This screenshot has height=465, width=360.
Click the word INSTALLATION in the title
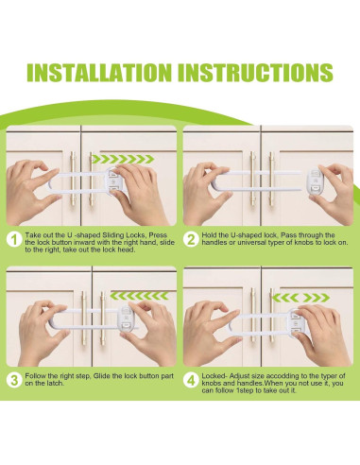(x=99, y=73)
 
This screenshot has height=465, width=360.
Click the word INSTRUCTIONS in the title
(x=256, y=73)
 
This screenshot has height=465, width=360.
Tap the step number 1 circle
(x=14, y=240)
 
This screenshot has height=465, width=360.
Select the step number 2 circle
(x=191, y=240)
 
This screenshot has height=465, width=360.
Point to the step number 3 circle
(x=14, y=380)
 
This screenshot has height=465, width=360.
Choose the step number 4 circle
(x=191, y=380)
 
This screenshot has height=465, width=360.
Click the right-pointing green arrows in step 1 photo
(x=125, y=159)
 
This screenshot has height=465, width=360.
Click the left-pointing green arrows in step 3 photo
(x=140, y=296)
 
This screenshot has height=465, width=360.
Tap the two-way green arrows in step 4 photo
(x=300, y=298)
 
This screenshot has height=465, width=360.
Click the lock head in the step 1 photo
(x=113, y=182)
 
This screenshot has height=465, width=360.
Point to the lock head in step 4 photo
(x=295, y=324)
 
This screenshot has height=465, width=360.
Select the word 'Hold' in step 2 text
(x=208, y=235)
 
